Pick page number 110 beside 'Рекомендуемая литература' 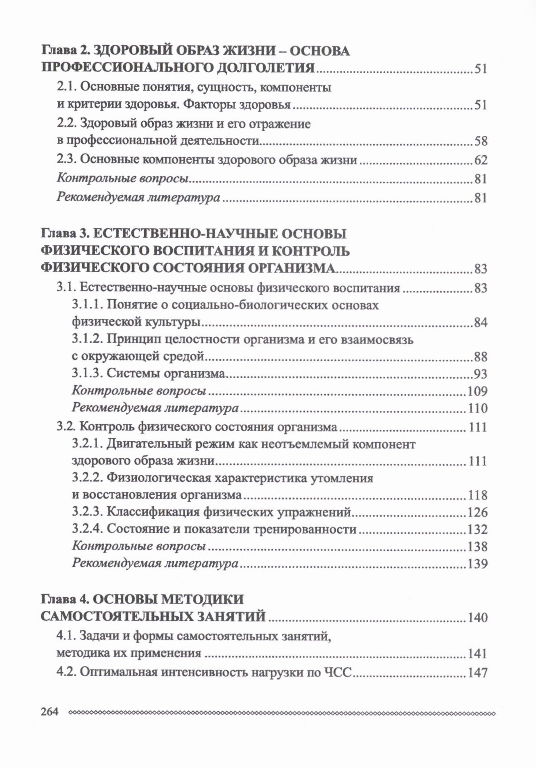[478, 408]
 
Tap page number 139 [478, 564]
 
